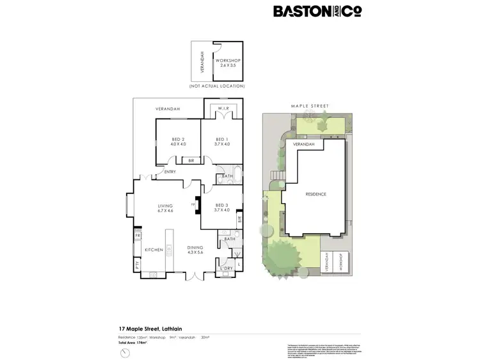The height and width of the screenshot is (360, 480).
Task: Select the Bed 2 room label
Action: (x=178, y=142)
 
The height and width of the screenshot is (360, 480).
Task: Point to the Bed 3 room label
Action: (x=221, y=207)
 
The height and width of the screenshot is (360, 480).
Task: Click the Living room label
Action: (x=166, y=208)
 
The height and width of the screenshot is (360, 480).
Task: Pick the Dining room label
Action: (x=195, y=250)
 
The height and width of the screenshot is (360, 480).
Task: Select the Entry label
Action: (x=170, y=172)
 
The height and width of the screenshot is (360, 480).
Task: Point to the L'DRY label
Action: (x=227, y=268)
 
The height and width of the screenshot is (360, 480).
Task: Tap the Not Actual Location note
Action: (x=217, y=86)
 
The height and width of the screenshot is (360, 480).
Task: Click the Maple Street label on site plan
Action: (x=310, y=106)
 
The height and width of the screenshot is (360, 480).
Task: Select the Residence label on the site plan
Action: (x=316, y=194)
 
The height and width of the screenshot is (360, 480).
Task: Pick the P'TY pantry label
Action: (x=137, y=265)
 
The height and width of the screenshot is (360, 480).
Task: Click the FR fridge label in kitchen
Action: (x=137, y=236)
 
